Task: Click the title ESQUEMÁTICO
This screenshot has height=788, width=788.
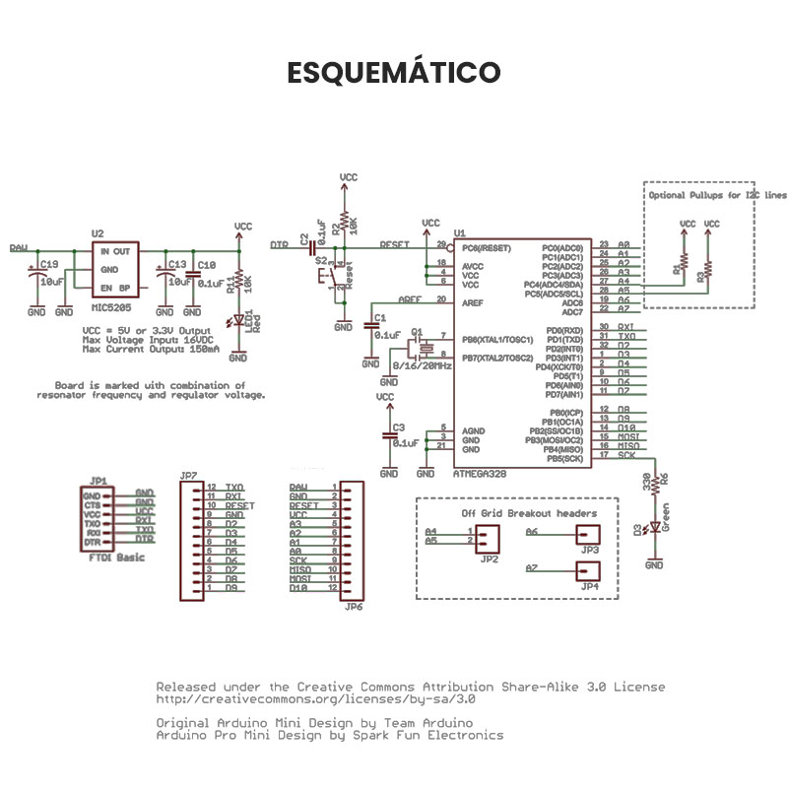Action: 393,73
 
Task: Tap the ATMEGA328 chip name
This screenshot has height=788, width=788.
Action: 481,474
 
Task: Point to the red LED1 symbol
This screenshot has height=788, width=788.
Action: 237,321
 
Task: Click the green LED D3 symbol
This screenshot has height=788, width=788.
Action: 653,529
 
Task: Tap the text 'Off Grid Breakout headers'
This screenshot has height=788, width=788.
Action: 529,513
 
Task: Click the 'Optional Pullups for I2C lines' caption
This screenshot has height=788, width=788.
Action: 718,195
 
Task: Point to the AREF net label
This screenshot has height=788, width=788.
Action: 411,299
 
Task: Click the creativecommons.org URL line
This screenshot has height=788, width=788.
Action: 316,699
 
